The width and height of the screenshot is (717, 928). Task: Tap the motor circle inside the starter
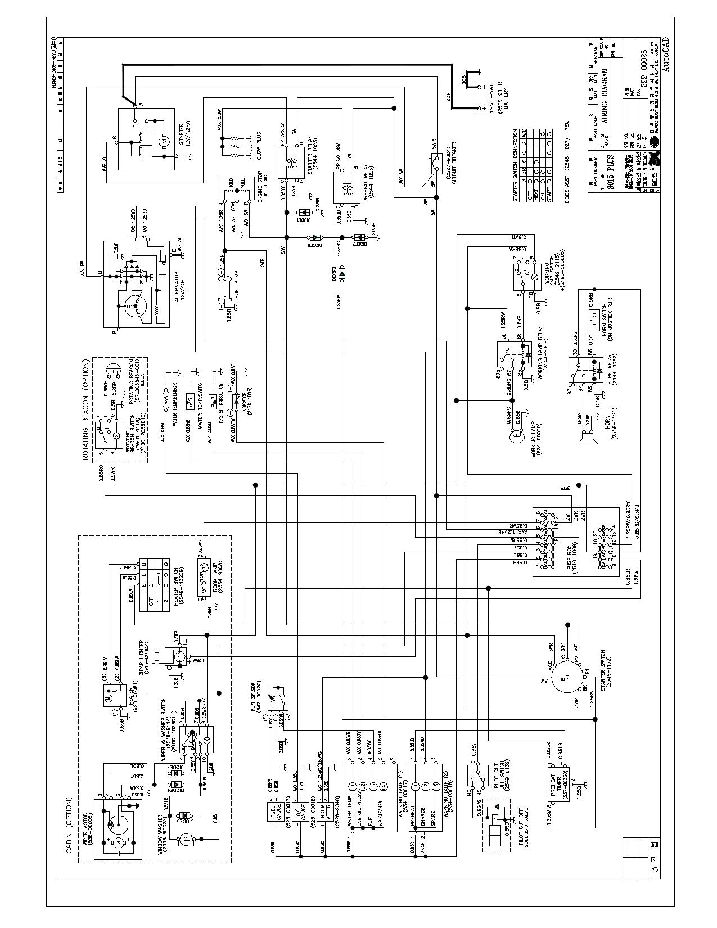click(165, 141)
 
